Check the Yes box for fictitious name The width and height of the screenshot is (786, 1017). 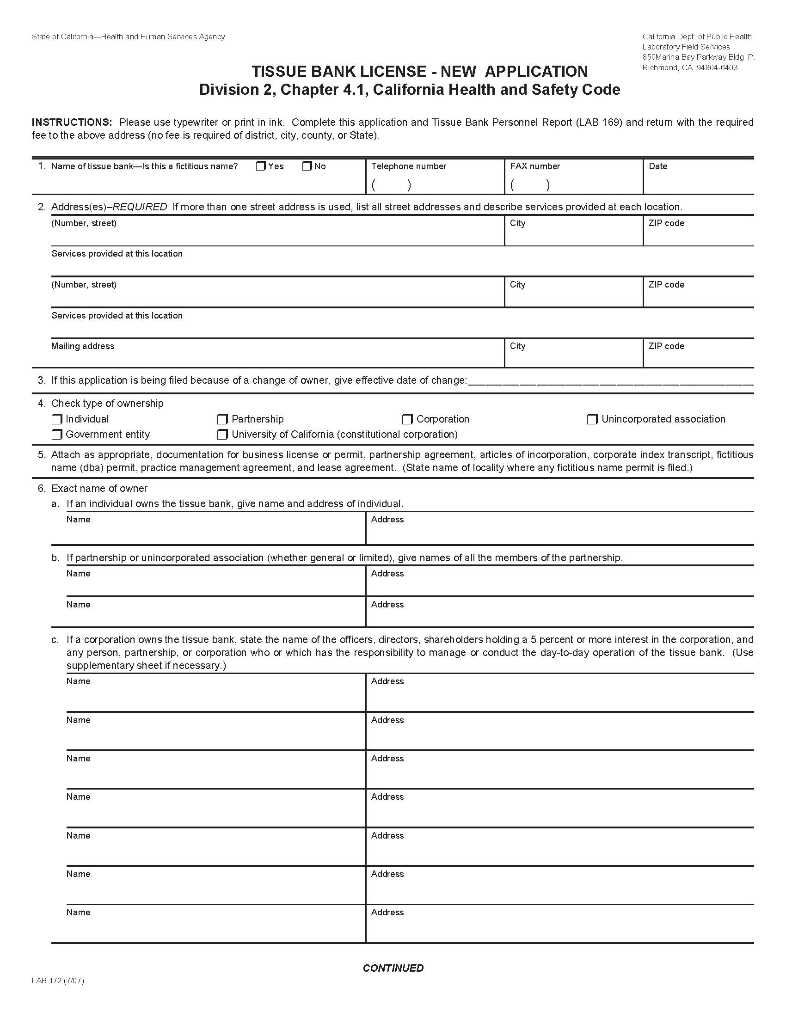[x=261, y=166]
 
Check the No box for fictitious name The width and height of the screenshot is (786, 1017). [x=307, y=166]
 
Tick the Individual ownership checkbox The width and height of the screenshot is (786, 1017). [x=57, y=419]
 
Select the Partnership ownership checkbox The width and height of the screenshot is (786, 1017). [x=222, y=419]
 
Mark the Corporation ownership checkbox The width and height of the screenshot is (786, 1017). [x=407, y=419]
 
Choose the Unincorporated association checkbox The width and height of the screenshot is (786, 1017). [x=592, y=419]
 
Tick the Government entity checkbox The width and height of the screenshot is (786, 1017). [x=57, y=435]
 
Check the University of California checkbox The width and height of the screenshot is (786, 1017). [x=222, y=435]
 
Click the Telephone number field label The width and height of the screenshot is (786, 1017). [x=408, y=166]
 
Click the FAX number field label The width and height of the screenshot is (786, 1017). [x=534, y=166]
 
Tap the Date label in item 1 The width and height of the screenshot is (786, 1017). [x=657, y=166]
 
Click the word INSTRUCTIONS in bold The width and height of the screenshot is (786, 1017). [x=72, y=123]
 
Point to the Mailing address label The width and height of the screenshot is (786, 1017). [x=82, y=346]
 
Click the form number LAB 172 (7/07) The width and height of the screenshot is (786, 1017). [x=58, y=980]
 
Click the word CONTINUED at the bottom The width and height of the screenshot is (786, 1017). [x=393, y=968]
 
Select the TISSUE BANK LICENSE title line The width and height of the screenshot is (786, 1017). [x=419, y=71]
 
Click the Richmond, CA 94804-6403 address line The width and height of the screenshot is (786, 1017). [x=690, y=67]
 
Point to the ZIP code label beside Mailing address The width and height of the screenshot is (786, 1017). [x=666, y=346]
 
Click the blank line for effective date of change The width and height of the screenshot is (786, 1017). [x=610, y=383]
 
